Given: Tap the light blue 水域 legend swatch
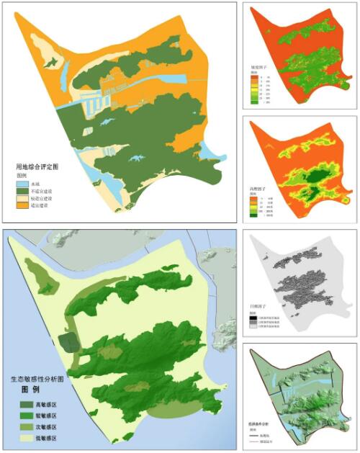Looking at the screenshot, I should click(x=23, y=184).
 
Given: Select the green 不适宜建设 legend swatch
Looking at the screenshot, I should click(x=23, y=191).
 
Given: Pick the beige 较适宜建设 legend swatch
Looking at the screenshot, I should click(x=23, y=198).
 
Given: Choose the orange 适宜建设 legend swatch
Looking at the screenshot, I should click(x=23, y=205).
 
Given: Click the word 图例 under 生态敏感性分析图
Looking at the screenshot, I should click(x=30, y=390).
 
